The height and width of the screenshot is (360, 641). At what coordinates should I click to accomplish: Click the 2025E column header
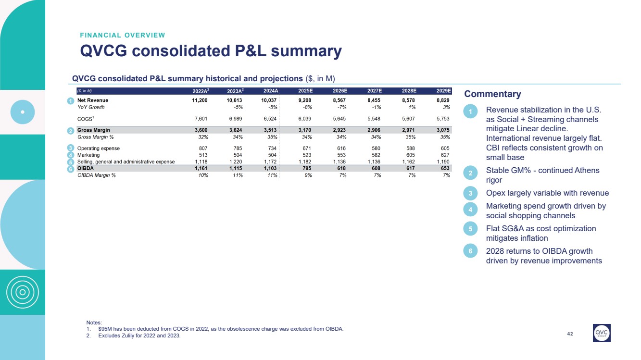point(305,91)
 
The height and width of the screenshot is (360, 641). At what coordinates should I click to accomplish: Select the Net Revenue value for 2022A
point(197,100)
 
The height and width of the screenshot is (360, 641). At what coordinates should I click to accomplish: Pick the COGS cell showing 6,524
point(270,119)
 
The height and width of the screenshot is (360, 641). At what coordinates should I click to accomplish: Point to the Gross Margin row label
point(94,130)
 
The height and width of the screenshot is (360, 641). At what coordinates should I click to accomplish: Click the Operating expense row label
point(99,149)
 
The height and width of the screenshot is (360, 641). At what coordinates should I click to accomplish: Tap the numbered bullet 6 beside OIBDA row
point(70,169)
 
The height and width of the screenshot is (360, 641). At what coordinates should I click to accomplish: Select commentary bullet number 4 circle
point(471,210)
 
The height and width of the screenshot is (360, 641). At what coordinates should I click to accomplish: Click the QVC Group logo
point(602,333)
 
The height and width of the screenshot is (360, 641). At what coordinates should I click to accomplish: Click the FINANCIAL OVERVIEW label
point(123,35)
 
